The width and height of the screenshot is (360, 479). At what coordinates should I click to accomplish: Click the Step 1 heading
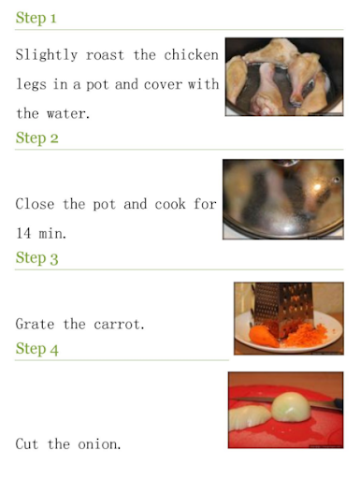(36, 18)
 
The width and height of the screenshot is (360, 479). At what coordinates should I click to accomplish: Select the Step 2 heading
(36, 138)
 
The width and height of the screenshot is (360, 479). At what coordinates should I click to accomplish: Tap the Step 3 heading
(36, 258)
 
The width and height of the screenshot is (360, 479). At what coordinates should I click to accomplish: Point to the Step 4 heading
(36, 349)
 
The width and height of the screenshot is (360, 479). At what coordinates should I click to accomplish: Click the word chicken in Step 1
(191, 55)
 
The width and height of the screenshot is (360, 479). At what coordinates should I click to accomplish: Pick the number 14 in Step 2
(23, 233)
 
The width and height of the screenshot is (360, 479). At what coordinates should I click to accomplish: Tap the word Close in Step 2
(35, 204)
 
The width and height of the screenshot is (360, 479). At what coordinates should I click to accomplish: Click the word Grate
(35, 324)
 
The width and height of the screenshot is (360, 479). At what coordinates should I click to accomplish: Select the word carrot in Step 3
(119, 325)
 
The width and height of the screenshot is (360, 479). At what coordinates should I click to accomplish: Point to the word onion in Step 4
(99, 444)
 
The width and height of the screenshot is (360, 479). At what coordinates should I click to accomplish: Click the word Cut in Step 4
(27, 443)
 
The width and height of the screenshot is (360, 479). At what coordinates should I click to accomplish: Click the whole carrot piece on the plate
(264, 336)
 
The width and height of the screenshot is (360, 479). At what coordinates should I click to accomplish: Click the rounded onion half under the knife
(291, 407)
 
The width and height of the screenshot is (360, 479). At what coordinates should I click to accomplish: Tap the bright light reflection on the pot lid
(317, 187)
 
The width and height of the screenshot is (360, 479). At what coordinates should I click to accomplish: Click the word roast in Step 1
(105, 55)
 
